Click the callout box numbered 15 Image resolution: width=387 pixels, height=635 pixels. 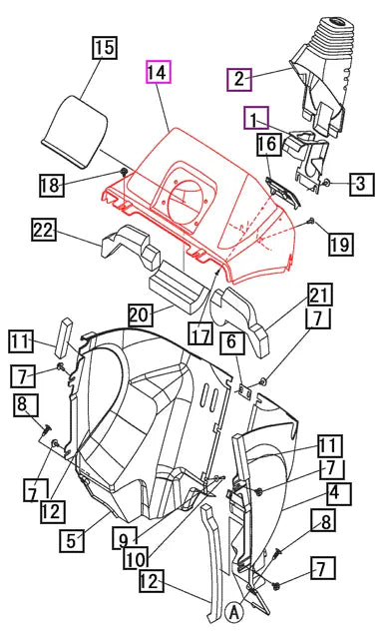106,47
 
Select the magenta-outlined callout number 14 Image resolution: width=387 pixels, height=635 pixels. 157,73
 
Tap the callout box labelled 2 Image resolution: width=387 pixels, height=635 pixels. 238,78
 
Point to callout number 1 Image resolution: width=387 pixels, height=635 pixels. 258,120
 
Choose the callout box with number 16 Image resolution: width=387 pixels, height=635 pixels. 267,146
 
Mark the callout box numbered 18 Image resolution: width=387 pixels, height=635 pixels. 52,185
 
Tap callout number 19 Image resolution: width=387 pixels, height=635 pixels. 340,244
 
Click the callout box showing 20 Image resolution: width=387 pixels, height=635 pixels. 139,315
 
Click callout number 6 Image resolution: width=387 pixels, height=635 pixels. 230,342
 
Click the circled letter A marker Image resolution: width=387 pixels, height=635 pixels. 232,612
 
